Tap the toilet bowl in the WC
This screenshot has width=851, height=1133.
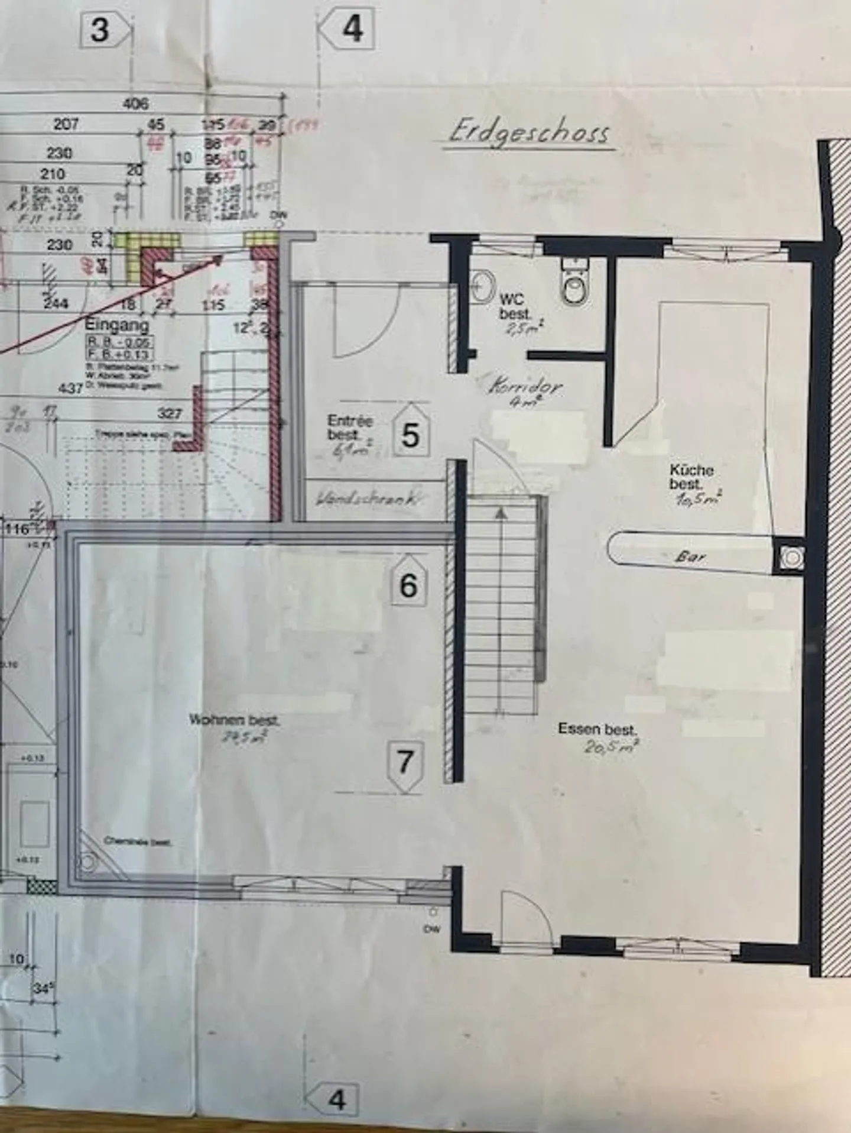pos(573,288)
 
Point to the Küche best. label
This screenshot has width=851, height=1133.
pos(691,477)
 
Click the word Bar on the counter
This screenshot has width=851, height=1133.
pos(690,556)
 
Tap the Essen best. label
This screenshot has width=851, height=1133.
pos(596,730)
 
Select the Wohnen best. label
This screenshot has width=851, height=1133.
pos(234,721)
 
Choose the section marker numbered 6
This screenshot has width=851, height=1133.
pos(408,581)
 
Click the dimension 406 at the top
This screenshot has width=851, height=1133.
pos(135,104)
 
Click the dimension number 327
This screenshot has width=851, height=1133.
pos(169,413)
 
